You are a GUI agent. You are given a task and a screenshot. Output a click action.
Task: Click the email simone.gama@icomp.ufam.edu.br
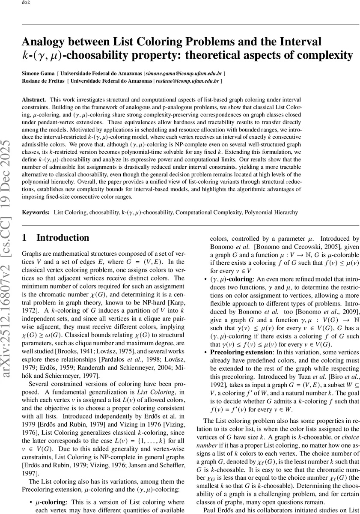pyautogui.click(x=182, y=73)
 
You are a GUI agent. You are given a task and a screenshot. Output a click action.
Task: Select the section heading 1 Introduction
pyautogui.click(x=56, y=238)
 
